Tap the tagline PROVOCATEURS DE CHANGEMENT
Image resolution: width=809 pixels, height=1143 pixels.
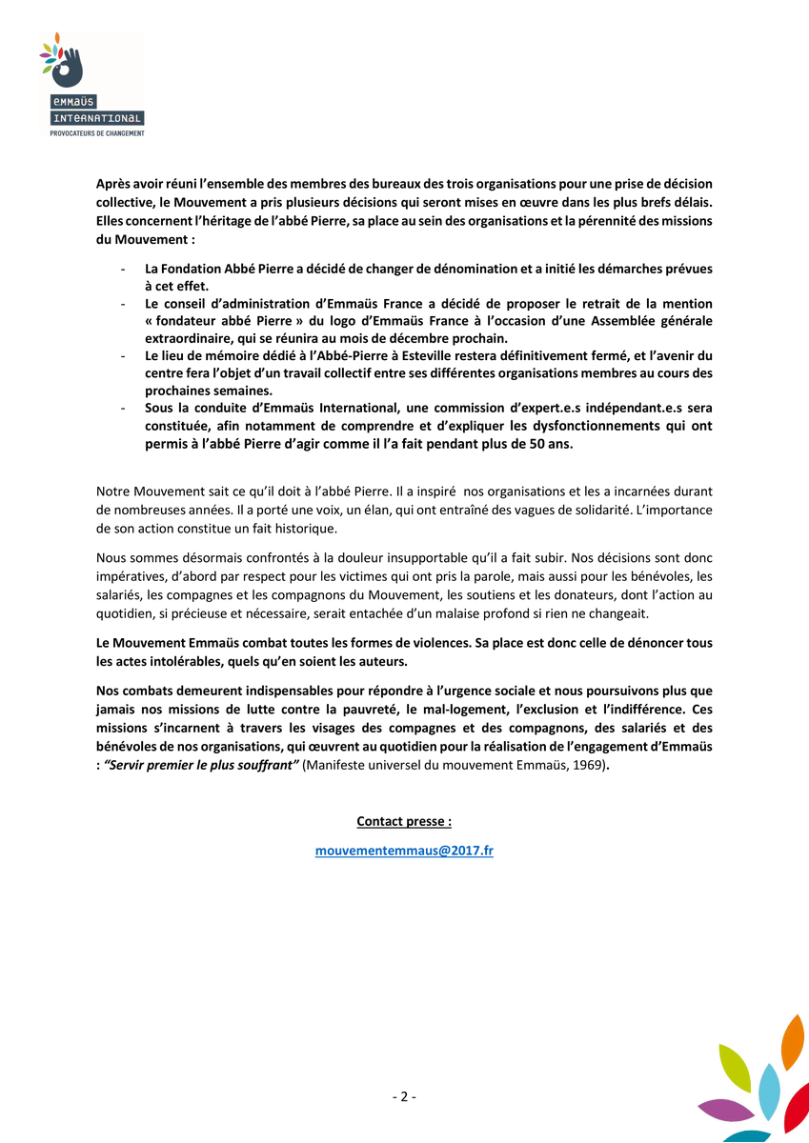(x=97, y=133)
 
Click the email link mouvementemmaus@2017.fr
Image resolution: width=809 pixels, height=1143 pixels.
(x=404, y=852)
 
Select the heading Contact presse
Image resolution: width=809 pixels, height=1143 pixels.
(x=404, y=821)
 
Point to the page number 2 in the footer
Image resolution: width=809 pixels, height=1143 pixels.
(x=404, y=1096)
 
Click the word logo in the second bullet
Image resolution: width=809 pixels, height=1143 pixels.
(x=307, y=321)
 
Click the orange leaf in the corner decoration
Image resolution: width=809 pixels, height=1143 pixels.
(x=793, y=1043)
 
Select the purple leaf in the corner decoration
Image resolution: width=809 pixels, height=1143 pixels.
(x=726, y=1110)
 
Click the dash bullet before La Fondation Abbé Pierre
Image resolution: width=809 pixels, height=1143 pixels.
(x=124, y=270)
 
